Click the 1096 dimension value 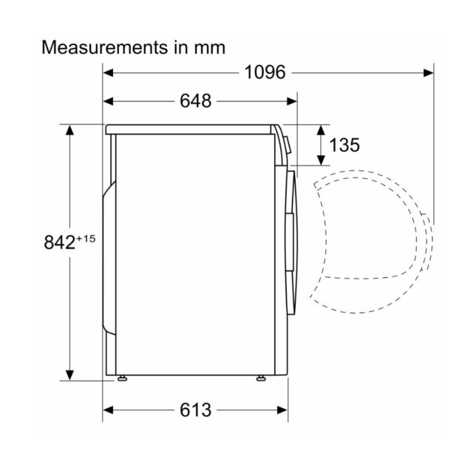click(265, 72)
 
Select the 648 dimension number click(195, 101)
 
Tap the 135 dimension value click(344, 145)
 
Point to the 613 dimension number click(195, 410)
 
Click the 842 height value click(59, 242)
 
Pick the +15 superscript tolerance click(86, 239)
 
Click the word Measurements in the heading click(105, 47)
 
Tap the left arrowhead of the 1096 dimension click(108, 72)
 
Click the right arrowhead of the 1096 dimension click(429, 72)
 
